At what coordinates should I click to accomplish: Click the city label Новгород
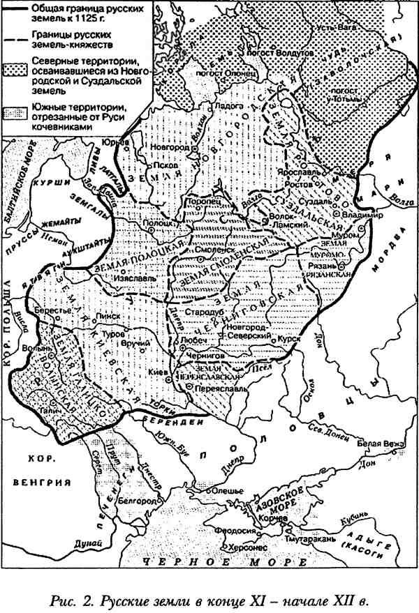(172, 149)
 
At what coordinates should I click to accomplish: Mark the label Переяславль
(228, 386)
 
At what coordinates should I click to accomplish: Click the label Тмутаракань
(310, 539)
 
